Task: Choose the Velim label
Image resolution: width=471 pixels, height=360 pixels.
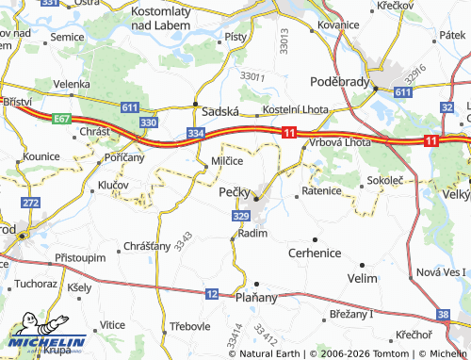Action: pos(362,278)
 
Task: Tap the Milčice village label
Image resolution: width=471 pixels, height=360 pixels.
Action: pos(227,161)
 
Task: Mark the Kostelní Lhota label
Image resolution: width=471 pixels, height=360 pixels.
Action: pos(295,110)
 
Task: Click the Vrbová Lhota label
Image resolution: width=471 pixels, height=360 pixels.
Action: pos(341,142)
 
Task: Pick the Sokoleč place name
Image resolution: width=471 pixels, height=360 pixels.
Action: pos(386,178)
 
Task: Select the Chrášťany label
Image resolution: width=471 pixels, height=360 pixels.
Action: pos(147,246)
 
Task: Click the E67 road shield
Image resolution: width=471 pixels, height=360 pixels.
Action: pos(62,119)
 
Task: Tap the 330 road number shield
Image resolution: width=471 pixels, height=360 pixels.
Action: pos(148,123)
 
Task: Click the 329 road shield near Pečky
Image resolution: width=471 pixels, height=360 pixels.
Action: pos(240,217)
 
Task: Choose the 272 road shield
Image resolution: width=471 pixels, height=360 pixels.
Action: pos(30,203)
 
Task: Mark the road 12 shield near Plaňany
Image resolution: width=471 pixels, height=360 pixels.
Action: pos(212,295)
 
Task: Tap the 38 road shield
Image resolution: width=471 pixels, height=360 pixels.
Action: pos(444,315)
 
